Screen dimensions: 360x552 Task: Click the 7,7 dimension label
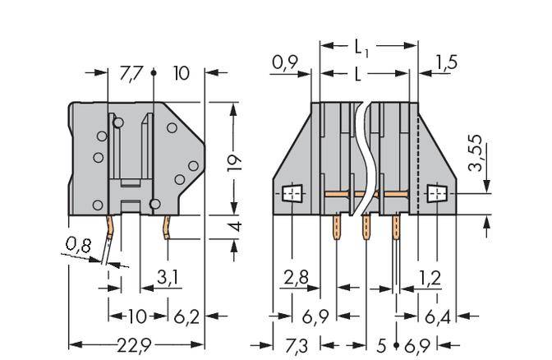131,73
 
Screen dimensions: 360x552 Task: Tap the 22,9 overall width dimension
131,343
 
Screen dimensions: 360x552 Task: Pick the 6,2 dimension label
187,316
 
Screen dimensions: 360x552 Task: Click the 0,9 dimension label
286,62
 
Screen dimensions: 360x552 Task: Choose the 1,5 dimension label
447,62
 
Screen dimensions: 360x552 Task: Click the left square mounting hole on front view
292,194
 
